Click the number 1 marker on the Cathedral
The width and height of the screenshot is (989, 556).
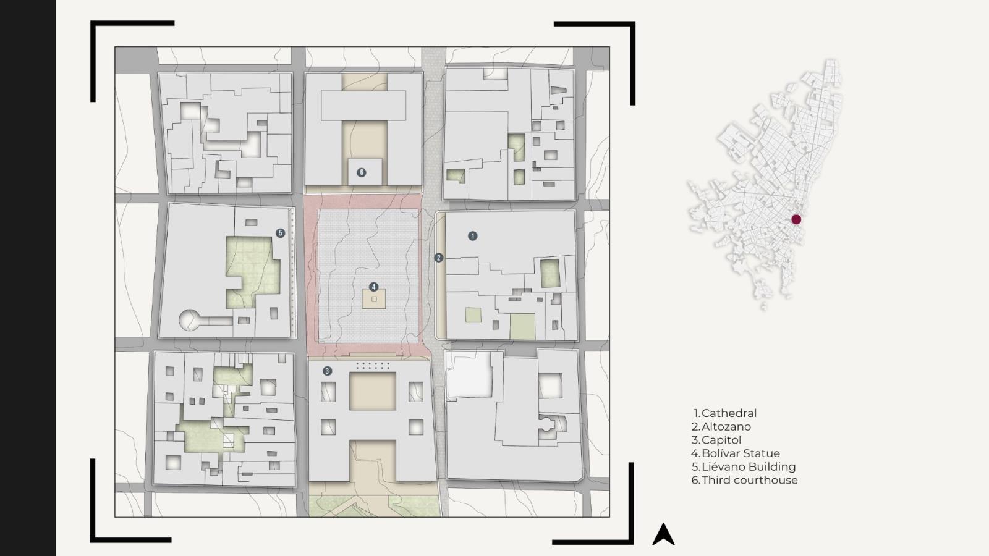tap(472, 236)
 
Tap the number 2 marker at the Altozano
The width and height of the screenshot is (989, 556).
tap(438, 258)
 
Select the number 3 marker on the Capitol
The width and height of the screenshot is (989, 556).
tap(327, 371)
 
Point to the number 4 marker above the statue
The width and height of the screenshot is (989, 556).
tap(373, 287)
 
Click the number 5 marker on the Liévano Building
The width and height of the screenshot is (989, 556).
tap(281, 233)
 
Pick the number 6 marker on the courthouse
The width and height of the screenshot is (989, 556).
tap(361, 172)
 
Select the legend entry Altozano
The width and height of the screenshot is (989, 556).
tap(721, 427)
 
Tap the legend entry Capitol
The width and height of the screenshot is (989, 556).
tap(716, 440)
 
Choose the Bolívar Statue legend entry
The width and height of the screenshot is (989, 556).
tap(736, 453)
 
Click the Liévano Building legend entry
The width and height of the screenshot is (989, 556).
tap(744, 467)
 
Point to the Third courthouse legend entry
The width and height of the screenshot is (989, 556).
tap(745, 480)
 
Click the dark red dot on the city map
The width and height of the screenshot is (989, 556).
tap(796, 219)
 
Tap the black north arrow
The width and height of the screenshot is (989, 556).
tap(663, 535)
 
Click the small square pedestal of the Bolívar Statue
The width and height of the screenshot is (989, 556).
tap(374, 299)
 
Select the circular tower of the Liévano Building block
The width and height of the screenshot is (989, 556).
tap(189, 320)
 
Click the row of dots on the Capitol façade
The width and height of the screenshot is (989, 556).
tap(373, 366)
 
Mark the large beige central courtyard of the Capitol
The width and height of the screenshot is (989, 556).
tap(373, 392)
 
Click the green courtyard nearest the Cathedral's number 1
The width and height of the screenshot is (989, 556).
tap(550, 274)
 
